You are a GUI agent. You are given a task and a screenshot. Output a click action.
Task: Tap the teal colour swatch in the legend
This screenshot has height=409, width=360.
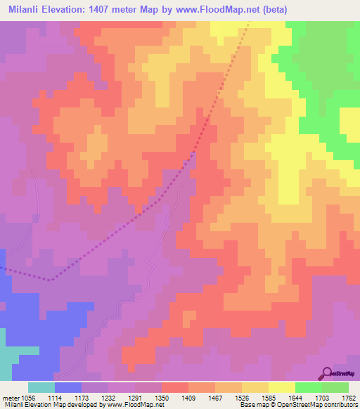[41, 387]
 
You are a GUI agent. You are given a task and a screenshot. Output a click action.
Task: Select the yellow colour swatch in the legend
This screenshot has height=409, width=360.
[281, 387]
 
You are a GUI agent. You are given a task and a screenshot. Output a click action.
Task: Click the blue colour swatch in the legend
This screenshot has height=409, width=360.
[67, 387]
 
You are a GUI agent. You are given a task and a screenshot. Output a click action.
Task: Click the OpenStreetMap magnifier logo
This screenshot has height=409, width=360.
[326, 372]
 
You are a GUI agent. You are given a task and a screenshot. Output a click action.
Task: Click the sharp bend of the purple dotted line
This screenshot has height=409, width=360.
[51, 280]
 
